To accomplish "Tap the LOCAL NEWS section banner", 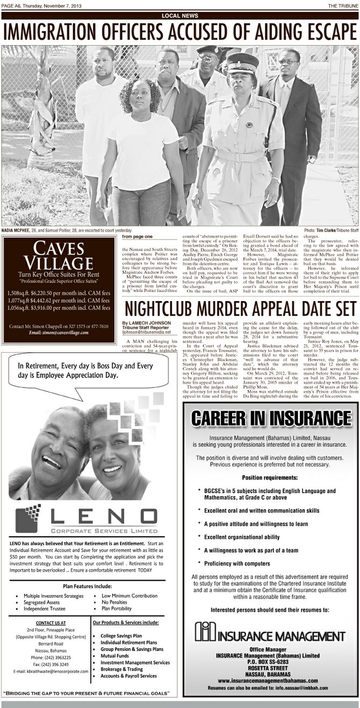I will click(x=179, y=16).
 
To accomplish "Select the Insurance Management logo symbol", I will click(x=205, y=632).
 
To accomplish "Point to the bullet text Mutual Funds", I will click(x=118, y=656).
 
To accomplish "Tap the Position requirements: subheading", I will click(x=270, y=477).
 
